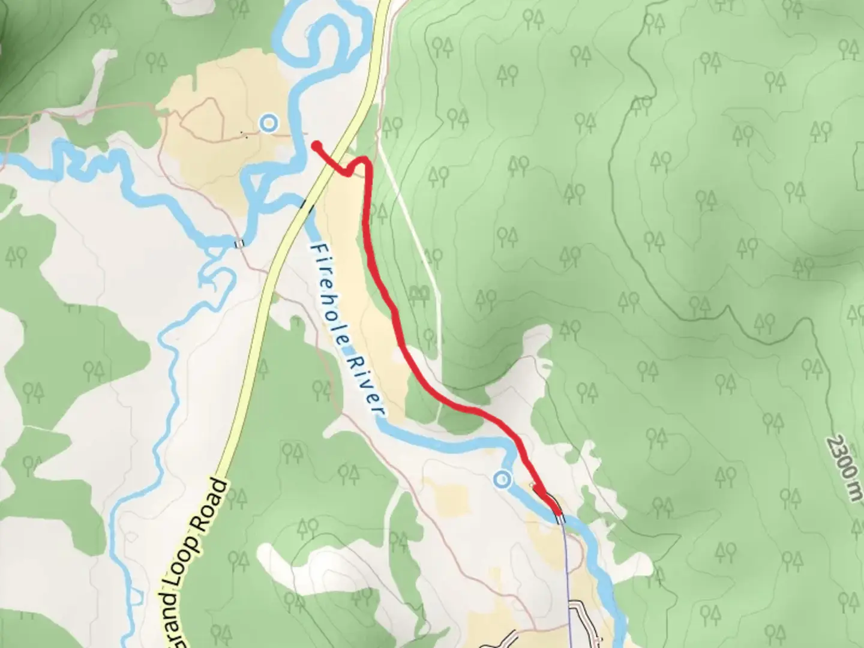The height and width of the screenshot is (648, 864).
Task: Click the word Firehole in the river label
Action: point(329,294)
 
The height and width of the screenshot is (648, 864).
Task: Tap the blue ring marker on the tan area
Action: point(269,124)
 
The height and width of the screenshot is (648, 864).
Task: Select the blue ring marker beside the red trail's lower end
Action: point(502,479)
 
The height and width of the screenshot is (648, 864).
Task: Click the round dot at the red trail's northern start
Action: point(315,145)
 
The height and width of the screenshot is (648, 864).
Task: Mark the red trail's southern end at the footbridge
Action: point(558,513)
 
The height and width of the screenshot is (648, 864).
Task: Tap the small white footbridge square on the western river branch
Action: point(239,243)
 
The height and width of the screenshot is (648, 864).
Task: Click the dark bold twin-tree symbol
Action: point(419,292)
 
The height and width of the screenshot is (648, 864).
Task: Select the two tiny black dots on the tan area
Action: point(244,134)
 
